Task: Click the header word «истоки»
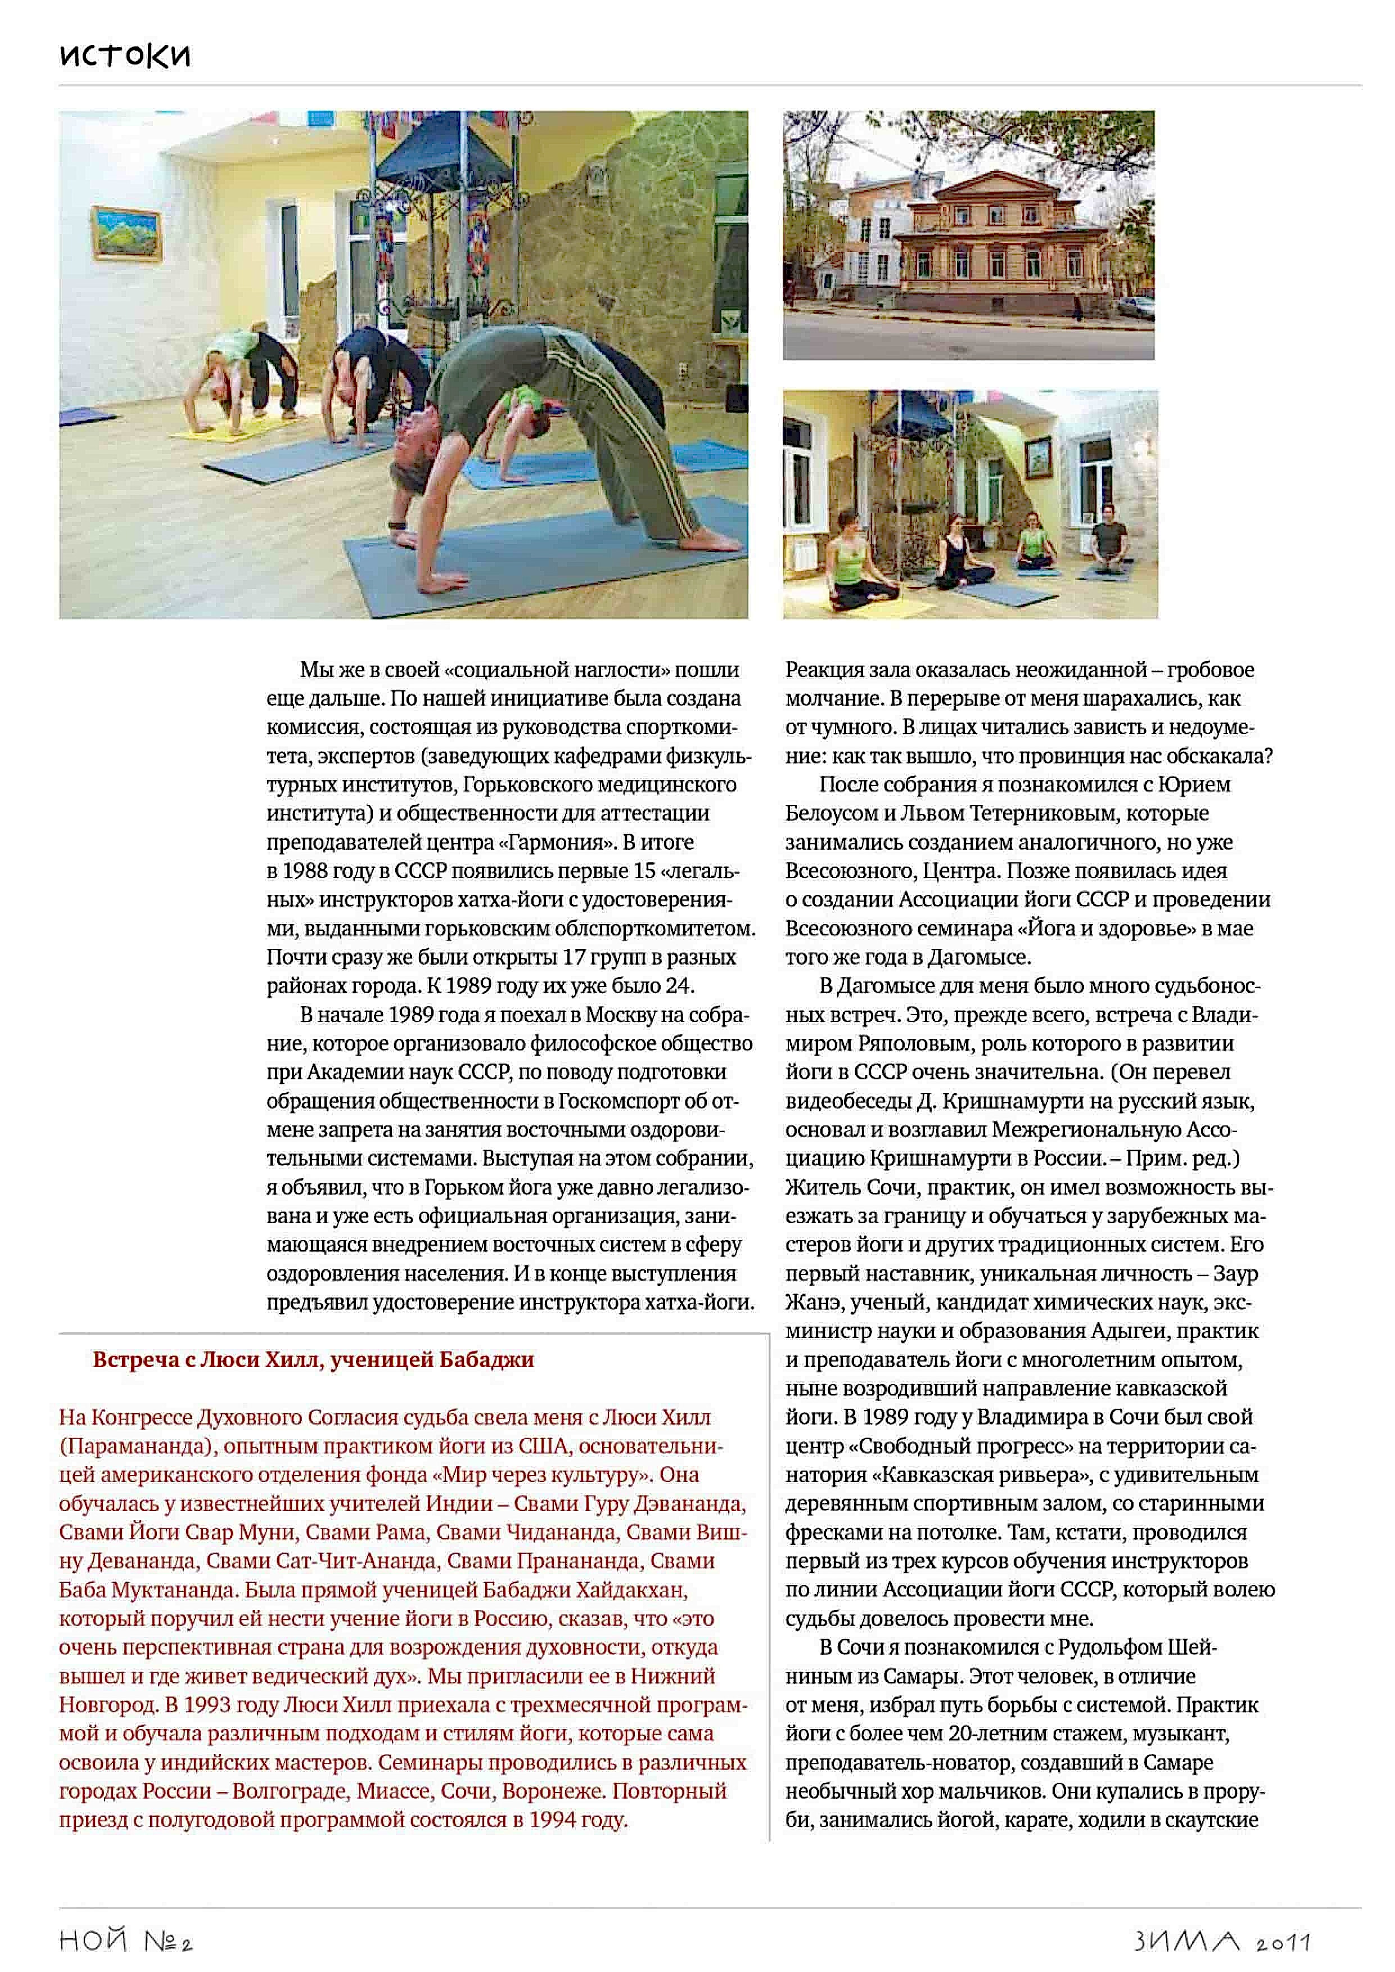pyautogui.click(x=125, y=55)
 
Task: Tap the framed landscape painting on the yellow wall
pyautogui.click(x=127, y=232)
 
